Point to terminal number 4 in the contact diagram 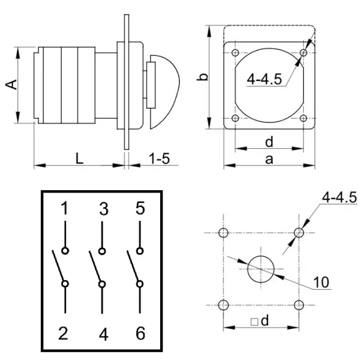click(x=103, y=334)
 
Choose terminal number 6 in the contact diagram click(x=140, y=334)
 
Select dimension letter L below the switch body click(x=79, y=158)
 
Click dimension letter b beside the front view click(x=203, y=76)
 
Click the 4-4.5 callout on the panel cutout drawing click(x=339, y=197)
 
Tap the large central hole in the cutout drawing click(x=261, y=268)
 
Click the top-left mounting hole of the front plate click(x=235, y=53)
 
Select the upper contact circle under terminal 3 click(x=103, y=251)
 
